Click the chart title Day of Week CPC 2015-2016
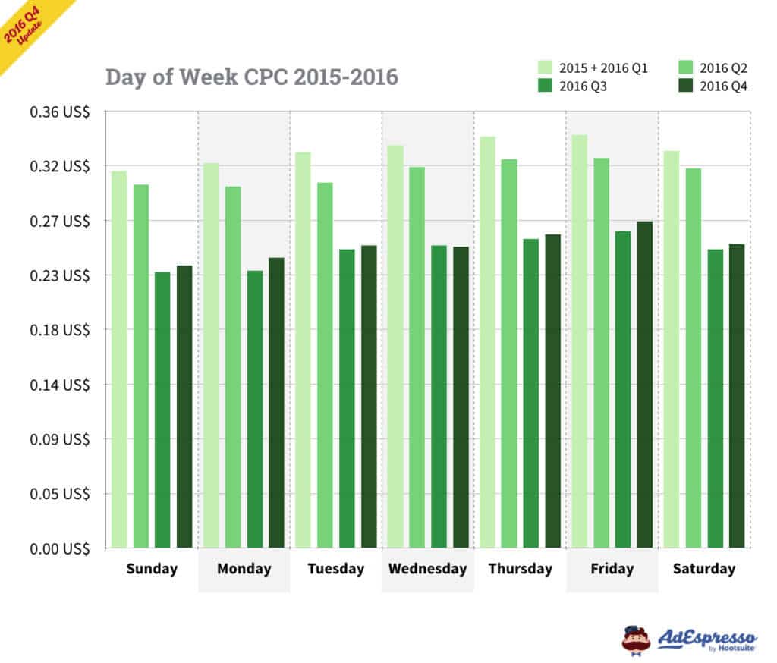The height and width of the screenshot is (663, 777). coord(251,77)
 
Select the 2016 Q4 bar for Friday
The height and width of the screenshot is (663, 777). coord(645,384)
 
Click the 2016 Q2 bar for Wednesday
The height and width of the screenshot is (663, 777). coord(417,357)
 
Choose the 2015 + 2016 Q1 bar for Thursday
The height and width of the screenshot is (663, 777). coord(487,341)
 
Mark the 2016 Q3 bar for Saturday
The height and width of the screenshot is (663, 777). coord(716,397)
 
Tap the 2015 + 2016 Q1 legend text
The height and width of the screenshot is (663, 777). coord(603,68)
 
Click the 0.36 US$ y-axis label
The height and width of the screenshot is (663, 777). coord(60,112)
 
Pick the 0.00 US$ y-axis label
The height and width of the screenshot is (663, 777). coord(60,548)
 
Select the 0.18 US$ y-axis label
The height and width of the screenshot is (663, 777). coord(60,330)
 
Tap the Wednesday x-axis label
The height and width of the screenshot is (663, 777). coord(428,569)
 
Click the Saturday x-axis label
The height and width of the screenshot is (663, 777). coord(704,569)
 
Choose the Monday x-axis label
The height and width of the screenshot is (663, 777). coord(244,569)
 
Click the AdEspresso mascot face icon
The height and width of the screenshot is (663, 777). coord(636,639)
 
